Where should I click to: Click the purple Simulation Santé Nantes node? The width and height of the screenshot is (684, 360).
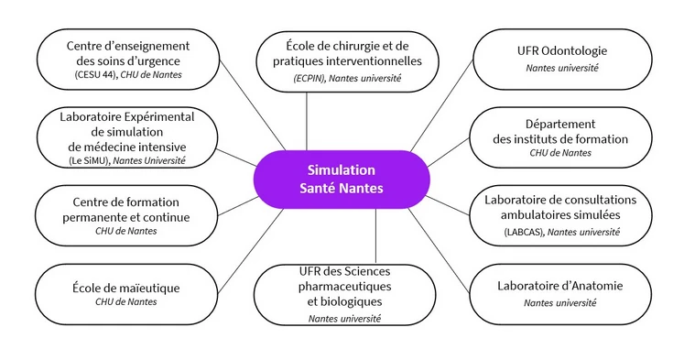click(x=342, y=179)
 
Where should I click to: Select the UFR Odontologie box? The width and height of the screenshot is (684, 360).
click(x=562, y=59)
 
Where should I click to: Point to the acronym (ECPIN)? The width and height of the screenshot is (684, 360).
click(x=312, y=80)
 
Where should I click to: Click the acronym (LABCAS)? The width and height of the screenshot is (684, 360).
click(x=522, y=234)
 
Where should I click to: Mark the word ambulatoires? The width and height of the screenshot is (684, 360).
click(x=537, y=215)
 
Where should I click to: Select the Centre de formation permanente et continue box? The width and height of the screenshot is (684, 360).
click(x=114, y=214)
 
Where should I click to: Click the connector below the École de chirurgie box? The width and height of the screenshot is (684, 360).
click(x=309, y=119)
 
